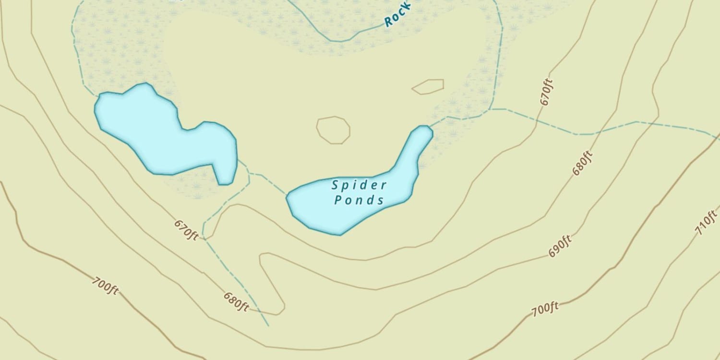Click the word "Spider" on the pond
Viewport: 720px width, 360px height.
[x=360, y=185]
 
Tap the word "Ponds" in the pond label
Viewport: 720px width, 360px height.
[x=360, y=200]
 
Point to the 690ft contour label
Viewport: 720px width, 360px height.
[x=560, y=246]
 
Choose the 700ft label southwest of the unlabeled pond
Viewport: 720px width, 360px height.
[x=105, y=286]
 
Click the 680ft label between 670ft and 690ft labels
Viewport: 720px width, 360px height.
[x=583, y=163]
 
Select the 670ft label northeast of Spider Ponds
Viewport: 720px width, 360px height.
[x=547, y=92]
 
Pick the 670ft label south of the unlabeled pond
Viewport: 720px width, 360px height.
[x=186, y=230]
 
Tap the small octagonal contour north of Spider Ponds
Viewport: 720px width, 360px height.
[x=333, y=130]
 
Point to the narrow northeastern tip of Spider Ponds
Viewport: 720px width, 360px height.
[x=423, y=132]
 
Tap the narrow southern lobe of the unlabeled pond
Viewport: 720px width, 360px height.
[x=225, y=173]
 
